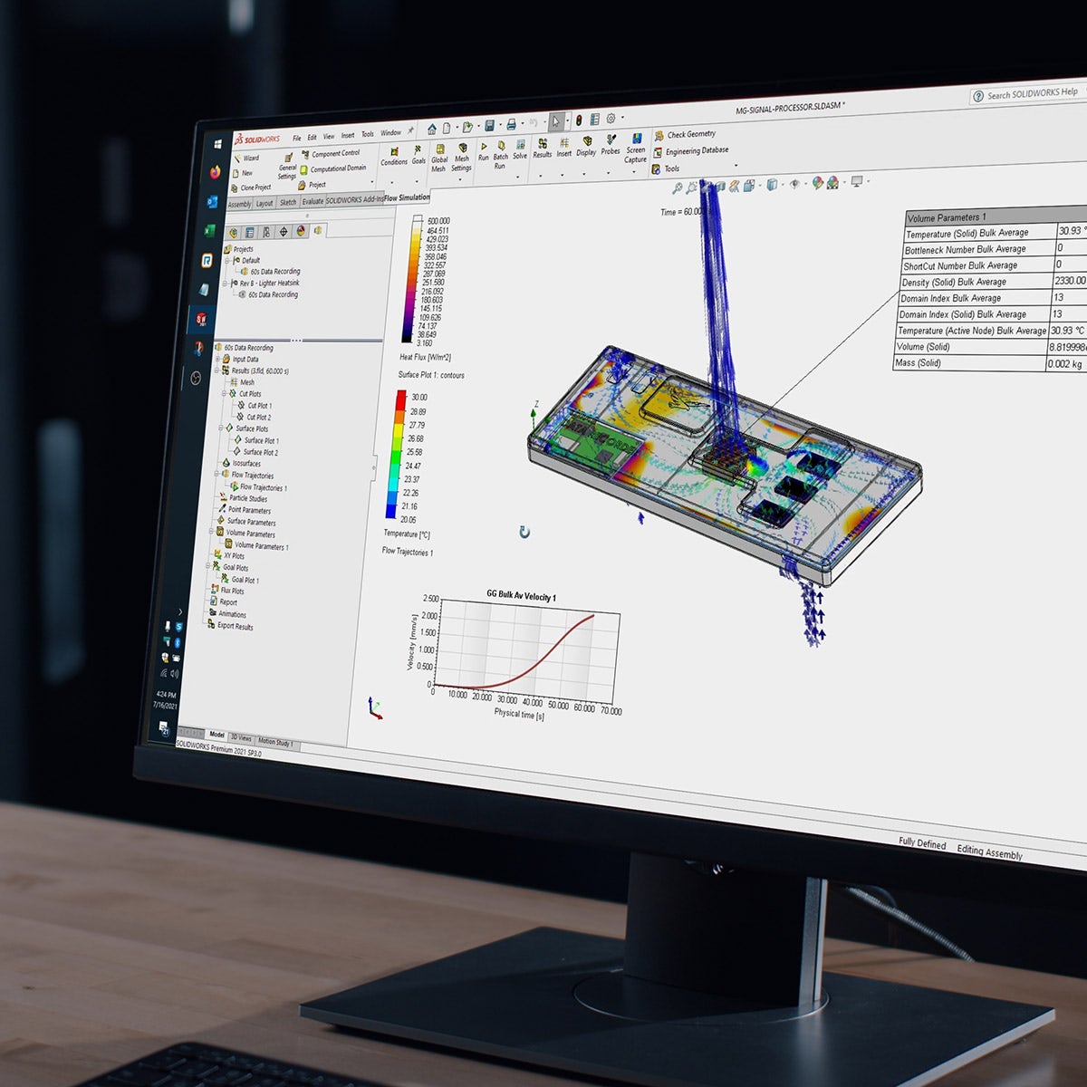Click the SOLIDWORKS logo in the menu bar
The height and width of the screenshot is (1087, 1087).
click(x=257, y=139)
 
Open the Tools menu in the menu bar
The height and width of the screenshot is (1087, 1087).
click(x=368, y=134)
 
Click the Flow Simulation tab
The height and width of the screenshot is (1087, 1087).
click(x=407, y=197)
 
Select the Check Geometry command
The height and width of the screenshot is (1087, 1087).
click(x=690, y=134)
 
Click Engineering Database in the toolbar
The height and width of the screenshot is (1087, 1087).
click(x=696, y=151)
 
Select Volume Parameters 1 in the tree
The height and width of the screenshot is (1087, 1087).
click(x=261, y=546)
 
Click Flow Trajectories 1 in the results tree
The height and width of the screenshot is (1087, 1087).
click(x=263, y=487)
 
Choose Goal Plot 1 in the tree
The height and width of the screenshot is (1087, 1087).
click(x=245, y=580)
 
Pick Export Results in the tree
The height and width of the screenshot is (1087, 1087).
click(x=235, y=626)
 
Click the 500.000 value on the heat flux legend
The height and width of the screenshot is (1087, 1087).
click(x=438, y=221)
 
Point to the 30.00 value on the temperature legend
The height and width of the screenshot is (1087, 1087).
click(x=418, y=398)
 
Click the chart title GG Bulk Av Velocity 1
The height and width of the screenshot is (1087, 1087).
click(x=521, y=596)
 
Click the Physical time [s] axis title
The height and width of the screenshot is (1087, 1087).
click(x=519, y=715)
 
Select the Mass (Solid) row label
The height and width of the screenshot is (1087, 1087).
click(x=918, y=362)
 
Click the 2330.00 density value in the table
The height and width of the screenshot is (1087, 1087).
click(x=1069, y=281)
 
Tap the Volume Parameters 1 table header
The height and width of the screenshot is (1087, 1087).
click(x=947, y=217)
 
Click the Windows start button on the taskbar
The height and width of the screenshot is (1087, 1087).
click(x=218, y=144)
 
